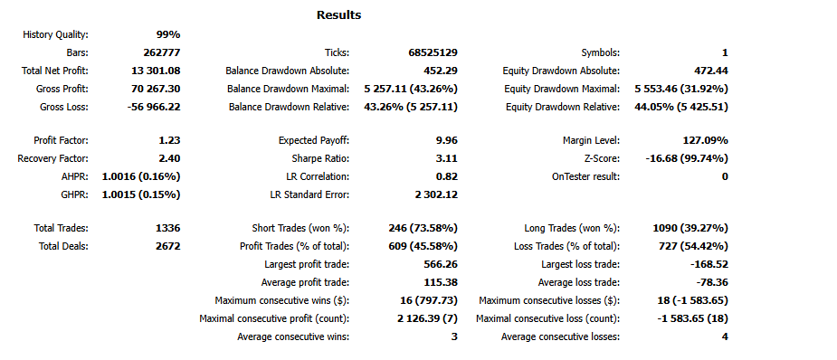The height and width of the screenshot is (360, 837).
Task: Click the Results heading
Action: click(338, 15)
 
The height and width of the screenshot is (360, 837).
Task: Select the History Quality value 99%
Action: click(167, 34)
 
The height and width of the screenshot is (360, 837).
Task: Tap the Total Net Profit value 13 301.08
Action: click(156, 71)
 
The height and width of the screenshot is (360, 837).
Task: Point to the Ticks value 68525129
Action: click(433, 52)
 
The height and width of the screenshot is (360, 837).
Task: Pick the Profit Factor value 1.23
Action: click(168, 140)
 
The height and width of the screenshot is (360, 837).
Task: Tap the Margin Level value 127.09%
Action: click(705, 140)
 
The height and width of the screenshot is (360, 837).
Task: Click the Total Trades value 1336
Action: click(167, 228)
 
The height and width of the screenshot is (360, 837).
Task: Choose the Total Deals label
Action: click(63, 246)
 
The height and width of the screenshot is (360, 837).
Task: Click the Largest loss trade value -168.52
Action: click(707, 264)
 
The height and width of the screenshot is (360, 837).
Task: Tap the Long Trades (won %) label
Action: click(572, 228)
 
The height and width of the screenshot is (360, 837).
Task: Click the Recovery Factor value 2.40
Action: click(168, 158)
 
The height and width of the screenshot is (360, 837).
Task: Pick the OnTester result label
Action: click(586, 176)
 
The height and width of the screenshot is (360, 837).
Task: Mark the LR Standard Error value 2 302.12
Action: click(433, 194)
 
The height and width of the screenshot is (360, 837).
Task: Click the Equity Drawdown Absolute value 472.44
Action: click(709, 71)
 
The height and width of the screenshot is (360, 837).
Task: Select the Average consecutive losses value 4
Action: click(725, 336)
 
